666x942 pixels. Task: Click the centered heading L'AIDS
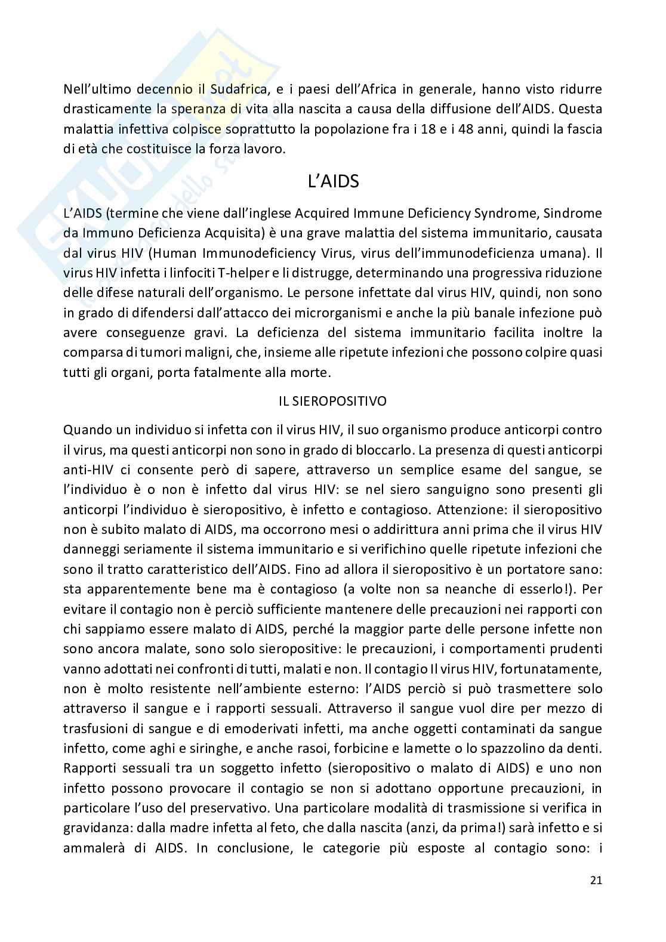333,181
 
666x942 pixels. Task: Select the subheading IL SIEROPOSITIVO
332,401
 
